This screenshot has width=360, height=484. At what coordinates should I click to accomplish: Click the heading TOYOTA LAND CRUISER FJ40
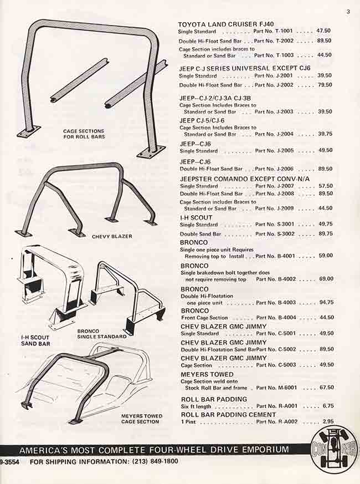[226, 24]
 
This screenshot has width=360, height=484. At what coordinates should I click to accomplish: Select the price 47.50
[323, 31]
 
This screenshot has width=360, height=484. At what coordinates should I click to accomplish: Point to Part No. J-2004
[274, 134]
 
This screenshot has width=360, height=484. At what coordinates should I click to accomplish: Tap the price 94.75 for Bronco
[326, 302]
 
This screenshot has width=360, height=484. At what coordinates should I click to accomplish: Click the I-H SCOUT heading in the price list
[196, 218]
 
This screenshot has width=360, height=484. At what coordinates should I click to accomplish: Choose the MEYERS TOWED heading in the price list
[207, 374]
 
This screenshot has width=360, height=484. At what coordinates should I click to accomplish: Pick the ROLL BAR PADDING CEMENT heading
[229, 415]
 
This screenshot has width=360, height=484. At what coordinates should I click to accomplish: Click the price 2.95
[328, 421]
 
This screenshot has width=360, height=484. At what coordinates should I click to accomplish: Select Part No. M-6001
[276, 388]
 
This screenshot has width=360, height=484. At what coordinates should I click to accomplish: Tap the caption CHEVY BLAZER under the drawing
[112, 236]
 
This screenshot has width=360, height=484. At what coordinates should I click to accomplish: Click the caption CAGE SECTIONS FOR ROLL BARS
[84, 134]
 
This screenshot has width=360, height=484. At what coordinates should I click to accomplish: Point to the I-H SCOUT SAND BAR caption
[35, 340]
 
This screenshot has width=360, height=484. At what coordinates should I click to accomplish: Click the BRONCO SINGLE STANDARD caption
[102, 334]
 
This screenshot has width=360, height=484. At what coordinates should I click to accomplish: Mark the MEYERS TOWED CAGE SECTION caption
[142, 419]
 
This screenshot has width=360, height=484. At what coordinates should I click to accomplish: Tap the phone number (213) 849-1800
[155, 462]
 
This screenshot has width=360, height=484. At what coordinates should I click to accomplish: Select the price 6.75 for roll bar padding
[328, 406]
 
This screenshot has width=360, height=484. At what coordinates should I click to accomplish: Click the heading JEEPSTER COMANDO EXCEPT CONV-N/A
[245, 179]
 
